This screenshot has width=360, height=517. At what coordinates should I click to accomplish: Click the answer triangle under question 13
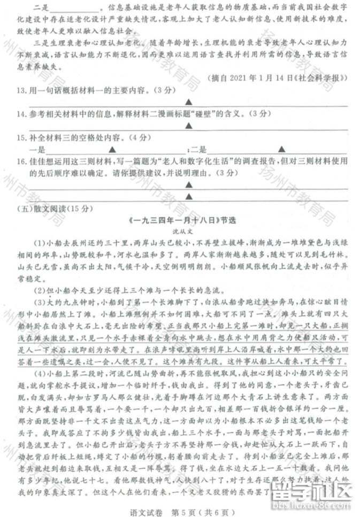[189, 102]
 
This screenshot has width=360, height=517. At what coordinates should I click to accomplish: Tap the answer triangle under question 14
[189, 126]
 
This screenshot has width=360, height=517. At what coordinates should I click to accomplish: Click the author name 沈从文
[183, 230]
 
